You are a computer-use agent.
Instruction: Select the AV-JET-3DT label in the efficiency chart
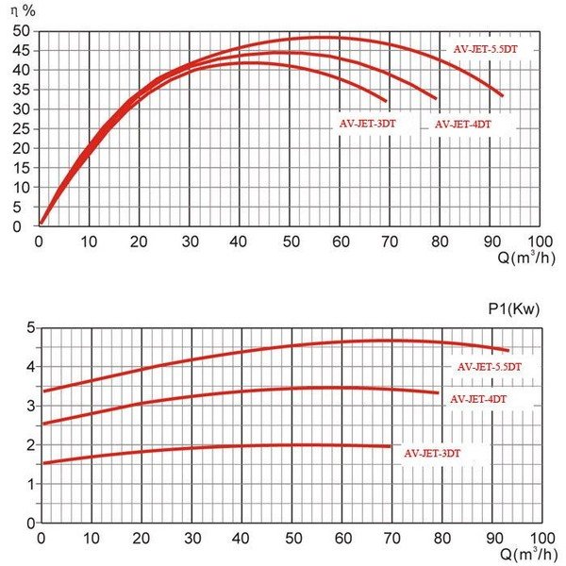[x=367, y=124]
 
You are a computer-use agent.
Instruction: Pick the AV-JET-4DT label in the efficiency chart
[x=462, y=124]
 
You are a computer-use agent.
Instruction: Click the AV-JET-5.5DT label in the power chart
[x=490, y=366]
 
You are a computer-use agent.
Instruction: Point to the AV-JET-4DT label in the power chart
[x=478, y=399]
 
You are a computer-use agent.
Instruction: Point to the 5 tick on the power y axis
[x=30, y=327]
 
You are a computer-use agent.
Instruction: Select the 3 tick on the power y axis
[x=30, y=406]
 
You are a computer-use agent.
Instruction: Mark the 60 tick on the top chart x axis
[x=341, y=241]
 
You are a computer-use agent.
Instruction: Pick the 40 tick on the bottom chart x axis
[x=241, y=538]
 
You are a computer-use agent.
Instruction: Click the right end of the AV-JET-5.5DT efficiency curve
[x=503, y=95]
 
